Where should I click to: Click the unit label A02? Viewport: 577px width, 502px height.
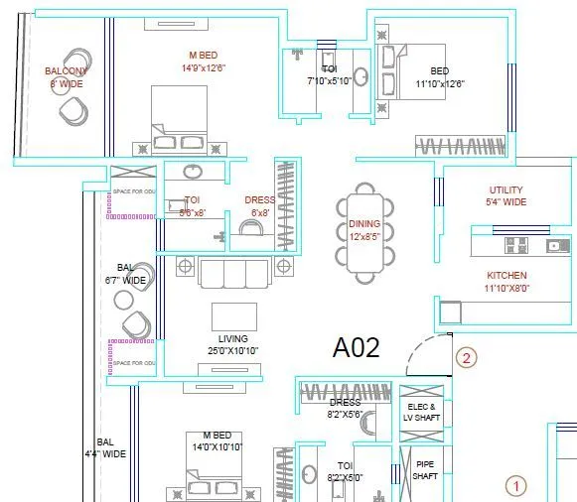click(x=357, y=348)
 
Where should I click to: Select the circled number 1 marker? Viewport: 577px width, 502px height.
click(x=514, y=486)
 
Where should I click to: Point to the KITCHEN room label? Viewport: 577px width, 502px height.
click(x=506, y=275)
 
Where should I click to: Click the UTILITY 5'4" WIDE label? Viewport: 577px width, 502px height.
click(x=506, y=195)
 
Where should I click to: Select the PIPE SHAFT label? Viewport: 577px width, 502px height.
click(x=424, y=469)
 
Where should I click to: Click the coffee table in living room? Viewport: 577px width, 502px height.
click(x=234, y=315)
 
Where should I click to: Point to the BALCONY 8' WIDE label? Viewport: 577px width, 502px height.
click(x=66, y=77)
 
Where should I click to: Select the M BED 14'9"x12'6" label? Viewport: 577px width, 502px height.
click(x=204, y=62)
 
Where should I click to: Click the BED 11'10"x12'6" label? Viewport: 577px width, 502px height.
click(x=440, y=77)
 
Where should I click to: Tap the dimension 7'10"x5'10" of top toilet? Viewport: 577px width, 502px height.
click(x=329, y=80)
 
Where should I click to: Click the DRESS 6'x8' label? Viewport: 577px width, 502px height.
click(x=260, y=206)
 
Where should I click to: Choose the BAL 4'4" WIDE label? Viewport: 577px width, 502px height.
click(x=110, y=447)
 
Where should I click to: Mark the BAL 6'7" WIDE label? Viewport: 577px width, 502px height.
click(x=126, y=275)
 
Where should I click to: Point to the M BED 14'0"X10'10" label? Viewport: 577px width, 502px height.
click(x=216, y=441)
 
